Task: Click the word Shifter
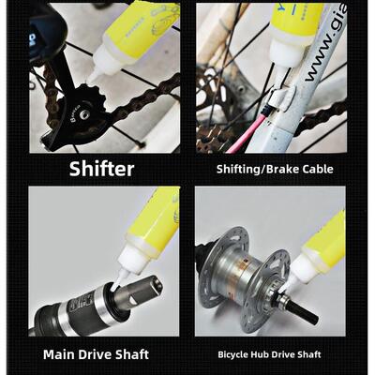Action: coord(101,169)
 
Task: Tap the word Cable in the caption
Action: coord(313,169)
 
